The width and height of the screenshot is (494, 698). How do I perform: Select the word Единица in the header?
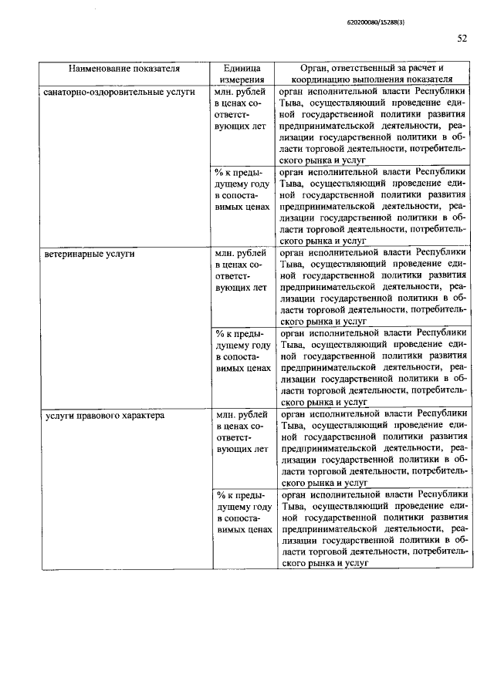242,67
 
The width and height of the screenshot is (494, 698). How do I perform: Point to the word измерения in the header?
242,79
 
